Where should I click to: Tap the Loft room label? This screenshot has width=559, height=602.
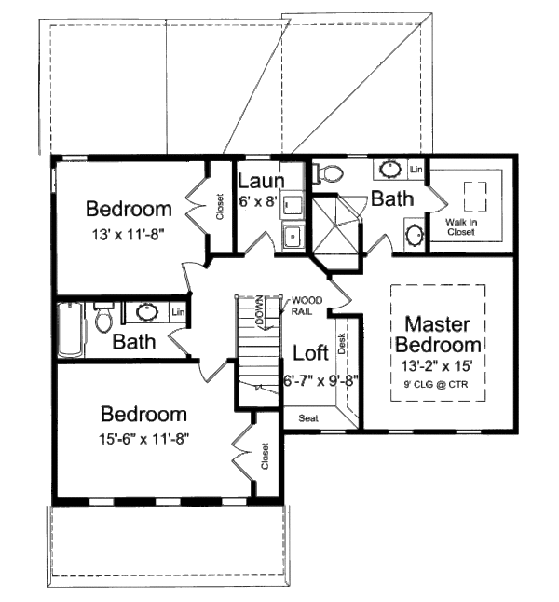310,353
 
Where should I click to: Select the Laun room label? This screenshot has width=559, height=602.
254,180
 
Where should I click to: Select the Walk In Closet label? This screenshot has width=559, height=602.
460,226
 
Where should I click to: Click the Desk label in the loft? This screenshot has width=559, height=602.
342,346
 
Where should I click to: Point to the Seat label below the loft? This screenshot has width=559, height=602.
308,418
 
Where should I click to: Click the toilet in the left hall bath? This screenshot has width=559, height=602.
102,319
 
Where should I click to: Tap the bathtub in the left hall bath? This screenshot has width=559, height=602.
68,328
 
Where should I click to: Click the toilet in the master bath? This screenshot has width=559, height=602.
330,172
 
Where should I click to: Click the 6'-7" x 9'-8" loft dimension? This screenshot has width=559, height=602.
320,380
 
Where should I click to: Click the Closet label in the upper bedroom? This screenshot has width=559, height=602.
220,207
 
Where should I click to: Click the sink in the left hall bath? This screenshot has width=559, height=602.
147,311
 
